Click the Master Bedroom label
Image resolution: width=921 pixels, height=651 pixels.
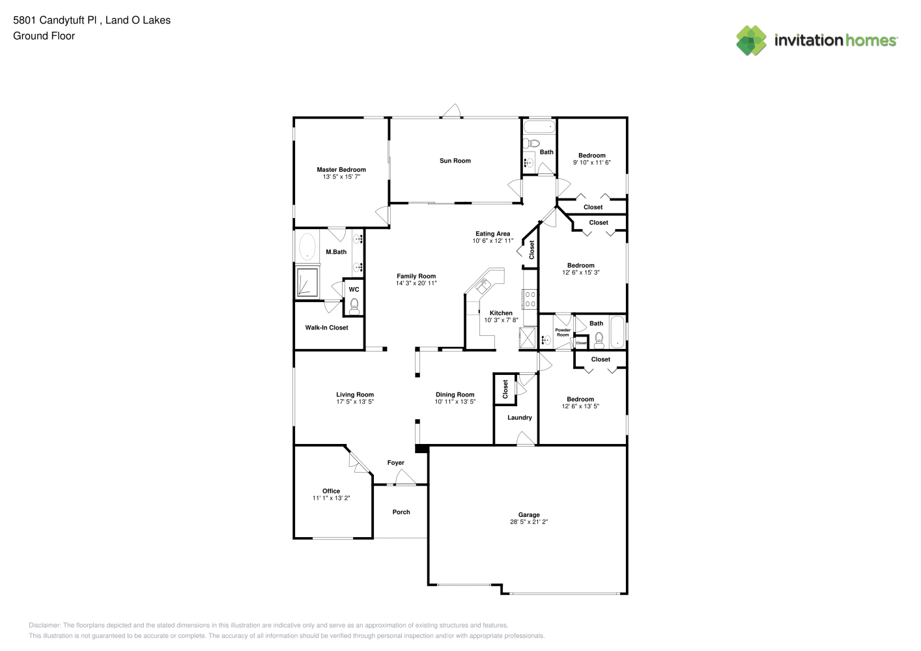click(341, 170)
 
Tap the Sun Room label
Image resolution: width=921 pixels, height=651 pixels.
click(455, 161)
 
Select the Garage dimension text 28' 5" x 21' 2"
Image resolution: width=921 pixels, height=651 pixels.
click(529, 522)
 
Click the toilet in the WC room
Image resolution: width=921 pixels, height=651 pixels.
click(354, 307)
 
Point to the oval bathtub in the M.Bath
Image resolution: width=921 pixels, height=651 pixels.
click(307, 247)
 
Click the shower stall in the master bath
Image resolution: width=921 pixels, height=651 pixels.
click(307, 282)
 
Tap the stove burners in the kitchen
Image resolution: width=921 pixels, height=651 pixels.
click(530, 299)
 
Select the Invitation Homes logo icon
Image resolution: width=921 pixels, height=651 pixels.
click(751, 40)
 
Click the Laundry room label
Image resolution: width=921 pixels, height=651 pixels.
click(520, 417)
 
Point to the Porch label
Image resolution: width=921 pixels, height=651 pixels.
click(401, 512)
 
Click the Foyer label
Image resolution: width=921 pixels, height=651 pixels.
click(396, 463)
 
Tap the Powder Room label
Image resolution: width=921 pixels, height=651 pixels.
click(563, 332)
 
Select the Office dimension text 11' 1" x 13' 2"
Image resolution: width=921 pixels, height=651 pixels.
click(332, 498)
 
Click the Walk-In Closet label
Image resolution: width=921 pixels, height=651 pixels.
click(326, 327)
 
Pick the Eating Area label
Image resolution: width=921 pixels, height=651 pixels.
click(493, 234)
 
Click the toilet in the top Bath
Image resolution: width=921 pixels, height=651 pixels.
click(531, 143)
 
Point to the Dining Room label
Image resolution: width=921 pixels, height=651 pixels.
click(455, 395)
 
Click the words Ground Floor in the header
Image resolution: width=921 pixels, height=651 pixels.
click(44, 36)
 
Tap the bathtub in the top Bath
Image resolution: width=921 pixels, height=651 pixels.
click(539, 126)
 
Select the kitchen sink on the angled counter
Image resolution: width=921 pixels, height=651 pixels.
click(483, 286)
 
